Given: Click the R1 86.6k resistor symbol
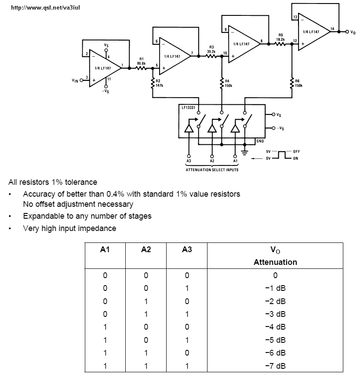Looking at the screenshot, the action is [142, 68].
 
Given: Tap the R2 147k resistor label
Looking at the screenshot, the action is [160, 83].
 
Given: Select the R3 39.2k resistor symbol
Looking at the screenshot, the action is [211, 56].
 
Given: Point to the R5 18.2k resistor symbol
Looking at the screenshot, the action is [280, 44].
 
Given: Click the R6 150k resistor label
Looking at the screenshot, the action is [298, 83].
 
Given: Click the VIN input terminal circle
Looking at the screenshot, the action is [81, 80].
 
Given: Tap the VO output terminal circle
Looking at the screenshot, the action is [347, 32].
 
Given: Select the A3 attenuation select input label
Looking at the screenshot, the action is [189, 161].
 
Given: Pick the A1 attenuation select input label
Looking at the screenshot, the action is [235, 161].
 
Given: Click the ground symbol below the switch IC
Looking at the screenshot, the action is [245, 153].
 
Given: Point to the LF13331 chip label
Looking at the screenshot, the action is [188, 107].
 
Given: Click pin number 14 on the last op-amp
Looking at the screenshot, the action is [332, 29].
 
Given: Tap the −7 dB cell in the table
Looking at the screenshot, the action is [275, 366].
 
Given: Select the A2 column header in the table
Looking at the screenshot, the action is [146, 249].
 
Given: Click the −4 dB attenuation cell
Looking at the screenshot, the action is [275, 327].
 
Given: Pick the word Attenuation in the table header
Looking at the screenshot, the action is [275, 262].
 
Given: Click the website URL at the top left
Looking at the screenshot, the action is [46, 8].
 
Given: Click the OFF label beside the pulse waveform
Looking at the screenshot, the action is [296, 151].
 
